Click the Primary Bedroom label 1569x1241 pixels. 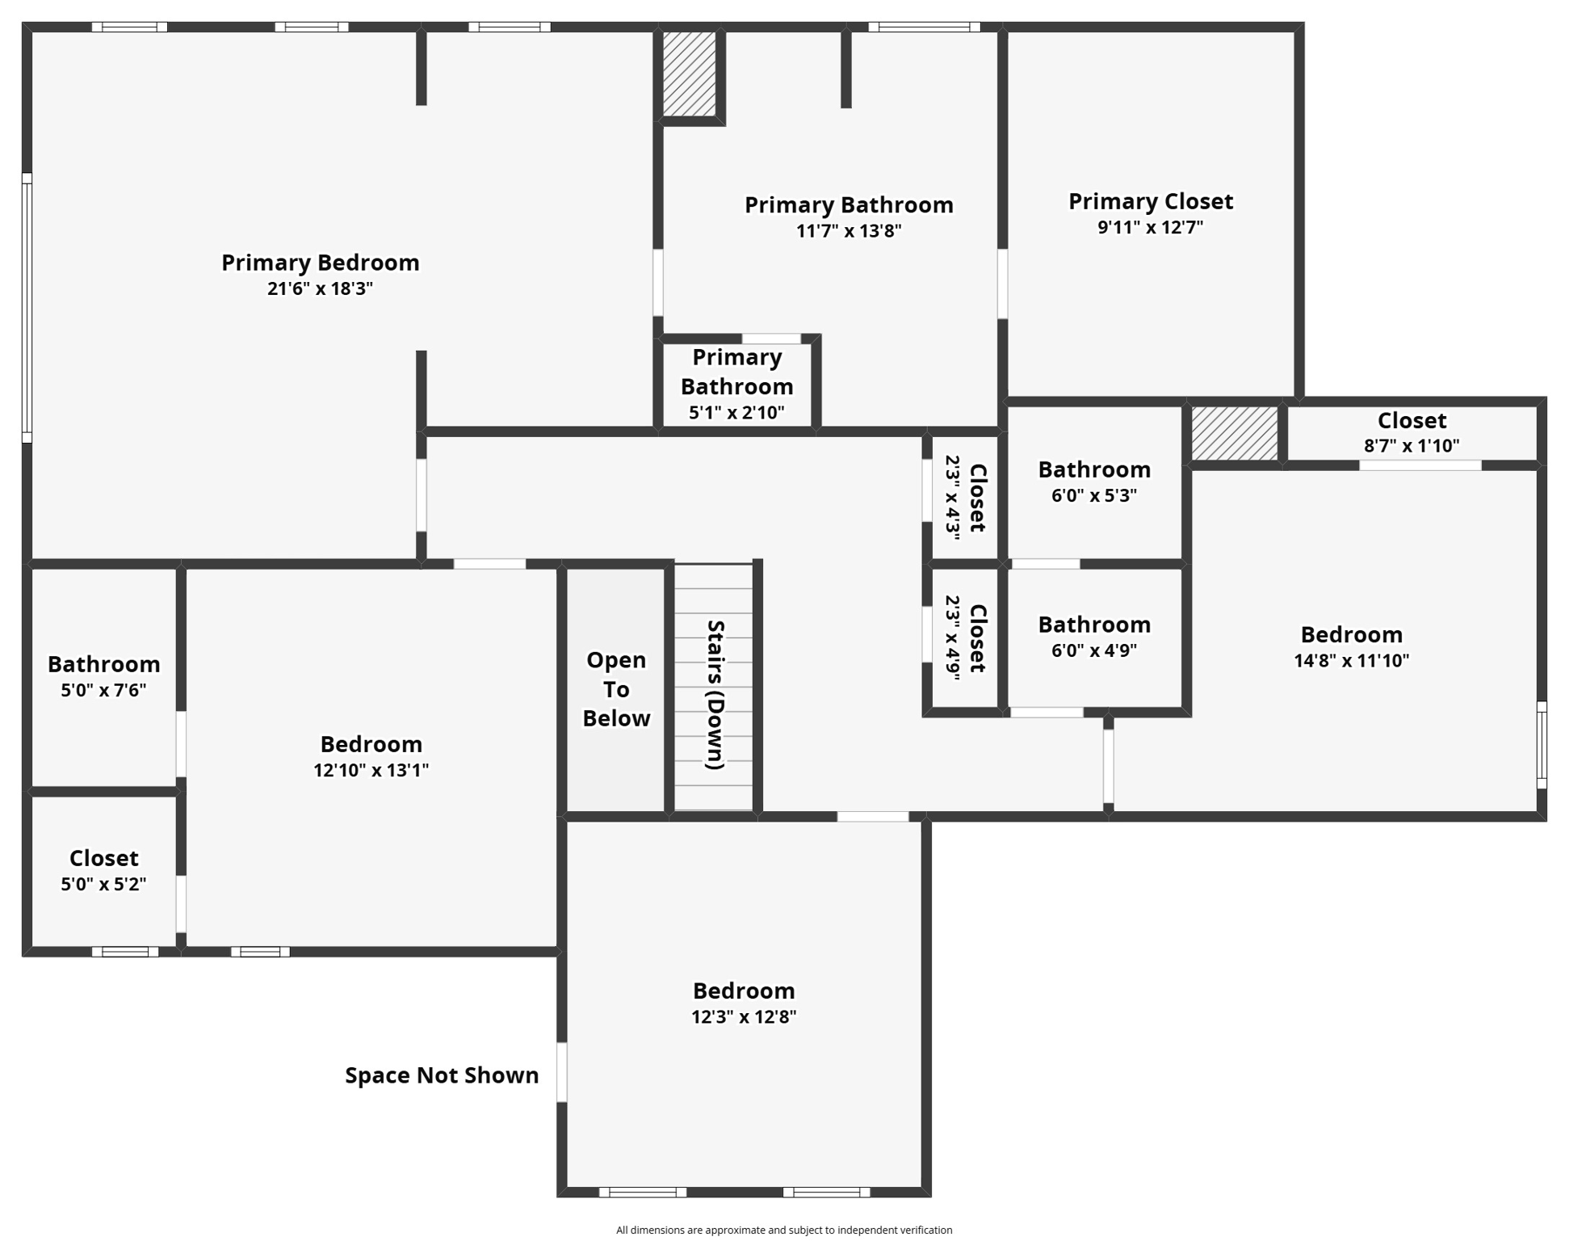320,263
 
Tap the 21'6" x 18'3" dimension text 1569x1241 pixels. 320,288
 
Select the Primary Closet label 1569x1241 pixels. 1150,201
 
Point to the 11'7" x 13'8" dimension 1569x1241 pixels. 848,231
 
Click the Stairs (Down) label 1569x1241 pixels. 715,694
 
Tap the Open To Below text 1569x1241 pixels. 616,689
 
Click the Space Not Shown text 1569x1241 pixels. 442,1075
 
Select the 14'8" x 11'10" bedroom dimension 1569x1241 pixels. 1351,661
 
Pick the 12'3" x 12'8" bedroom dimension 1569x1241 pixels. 743,1016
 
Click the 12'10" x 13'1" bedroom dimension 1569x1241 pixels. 371,770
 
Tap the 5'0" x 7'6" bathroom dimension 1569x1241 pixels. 103,690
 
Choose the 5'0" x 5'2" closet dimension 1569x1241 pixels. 103,884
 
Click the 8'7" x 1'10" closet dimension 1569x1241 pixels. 1411,445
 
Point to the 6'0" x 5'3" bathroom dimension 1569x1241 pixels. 1093,495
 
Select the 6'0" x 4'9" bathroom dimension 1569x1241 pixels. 1093,650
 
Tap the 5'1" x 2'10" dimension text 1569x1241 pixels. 736,413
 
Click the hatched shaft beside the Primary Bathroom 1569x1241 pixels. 689,74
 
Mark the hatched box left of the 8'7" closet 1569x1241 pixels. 1234,434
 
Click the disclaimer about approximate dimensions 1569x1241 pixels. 783,1230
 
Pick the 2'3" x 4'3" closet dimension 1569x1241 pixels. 953,497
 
